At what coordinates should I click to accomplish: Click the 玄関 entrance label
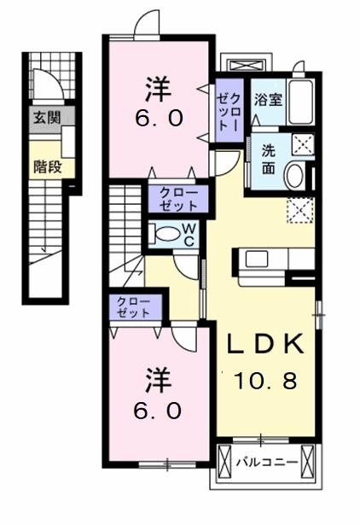(x=47, y=118)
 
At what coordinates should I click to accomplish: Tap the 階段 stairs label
(x=48, y=166)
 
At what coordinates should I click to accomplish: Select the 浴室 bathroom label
(x=269, y=99)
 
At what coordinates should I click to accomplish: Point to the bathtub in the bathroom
(x=301, y=102)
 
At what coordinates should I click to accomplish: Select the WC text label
(x=189, y=235)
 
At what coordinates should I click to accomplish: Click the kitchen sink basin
(x=257, y=259)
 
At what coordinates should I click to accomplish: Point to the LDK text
(x=266, y=344)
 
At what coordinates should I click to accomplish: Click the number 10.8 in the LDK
(x=265, y=381)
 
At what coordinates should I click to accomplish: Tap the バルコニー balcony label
(x=267, y=463)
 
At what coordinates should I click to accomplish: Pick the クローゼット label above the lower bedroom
(x=133, y=306)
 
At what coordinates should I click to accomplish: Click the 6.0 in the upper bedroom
(x=159, y=118)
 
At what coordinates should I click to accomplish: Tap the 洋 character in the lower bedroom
(x=159, y=381)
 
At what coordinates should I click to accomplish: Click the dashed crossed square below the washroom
(x=300, y=210)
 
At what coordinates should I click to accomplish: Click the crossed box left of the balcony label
(x=224, y=463)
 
